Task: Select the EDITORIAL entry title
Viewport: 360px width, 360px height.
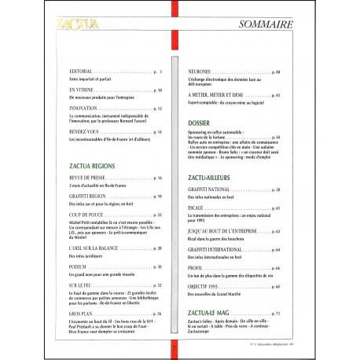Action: tap(85, 72)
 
